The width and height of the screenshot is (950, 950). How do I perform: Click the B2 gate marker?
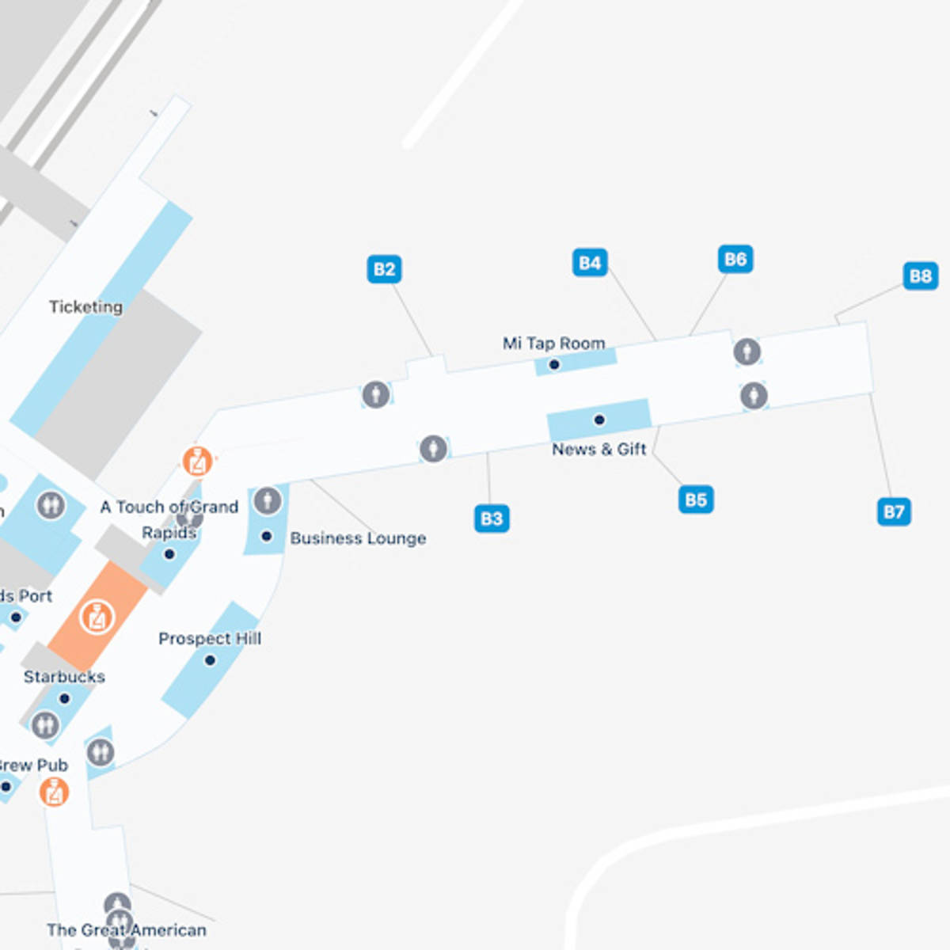[x=384, y=269]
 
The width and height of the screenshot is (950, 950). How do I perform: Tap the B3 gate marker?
[x=492, y=519]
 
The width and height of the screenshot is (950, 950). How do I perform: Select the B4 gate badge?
[x=590, y=263]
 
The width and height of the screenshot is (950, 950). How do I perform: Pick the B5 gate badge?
[x=696, y=500]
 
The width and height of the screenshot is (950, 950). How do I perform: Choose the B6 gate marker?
[x=735, y=259]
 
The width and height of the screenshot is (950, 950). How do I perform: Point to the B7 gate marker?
[x=894, y=511]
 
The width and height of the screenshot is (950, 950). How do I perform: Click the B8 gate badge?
[x=920, y=275]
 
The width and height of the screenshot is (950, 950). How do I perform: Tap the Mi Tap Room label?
[x=554, y=344]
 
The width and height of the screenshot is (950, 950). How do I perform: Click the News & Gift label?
[x=599, y=449]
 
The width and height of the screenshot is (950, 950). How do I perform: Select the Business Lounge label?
[x=358, y=538]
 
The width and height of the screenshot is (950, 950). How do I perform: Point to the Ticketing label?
[x=85, y=306]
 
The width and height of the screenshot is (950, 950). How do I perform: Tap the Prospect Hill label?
[x=210, y=638]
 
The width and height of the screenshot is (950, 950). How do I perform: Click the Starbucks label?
[x=64, y=677]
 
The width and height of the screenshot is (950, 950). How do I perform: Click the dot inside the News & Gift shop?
[x=599, y=420]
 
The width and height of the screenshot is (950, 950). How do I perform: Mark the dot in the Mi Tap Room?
[x=554, y=365]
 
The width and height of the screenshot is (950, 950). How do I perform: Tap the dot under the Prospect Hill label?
[x=210, y=660]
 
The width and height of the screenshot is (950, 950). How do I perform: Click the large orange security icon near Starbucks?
[x=97, y=616]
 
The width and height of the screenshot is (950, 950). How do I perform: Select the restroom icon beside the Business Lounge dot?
[x=268, y=501]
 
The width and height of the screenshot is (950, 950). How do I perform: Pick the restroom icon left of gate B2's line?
[x=376, y=393]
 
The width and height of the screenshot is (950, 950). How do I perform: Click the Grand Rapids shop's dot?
[x=169, y=554]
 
